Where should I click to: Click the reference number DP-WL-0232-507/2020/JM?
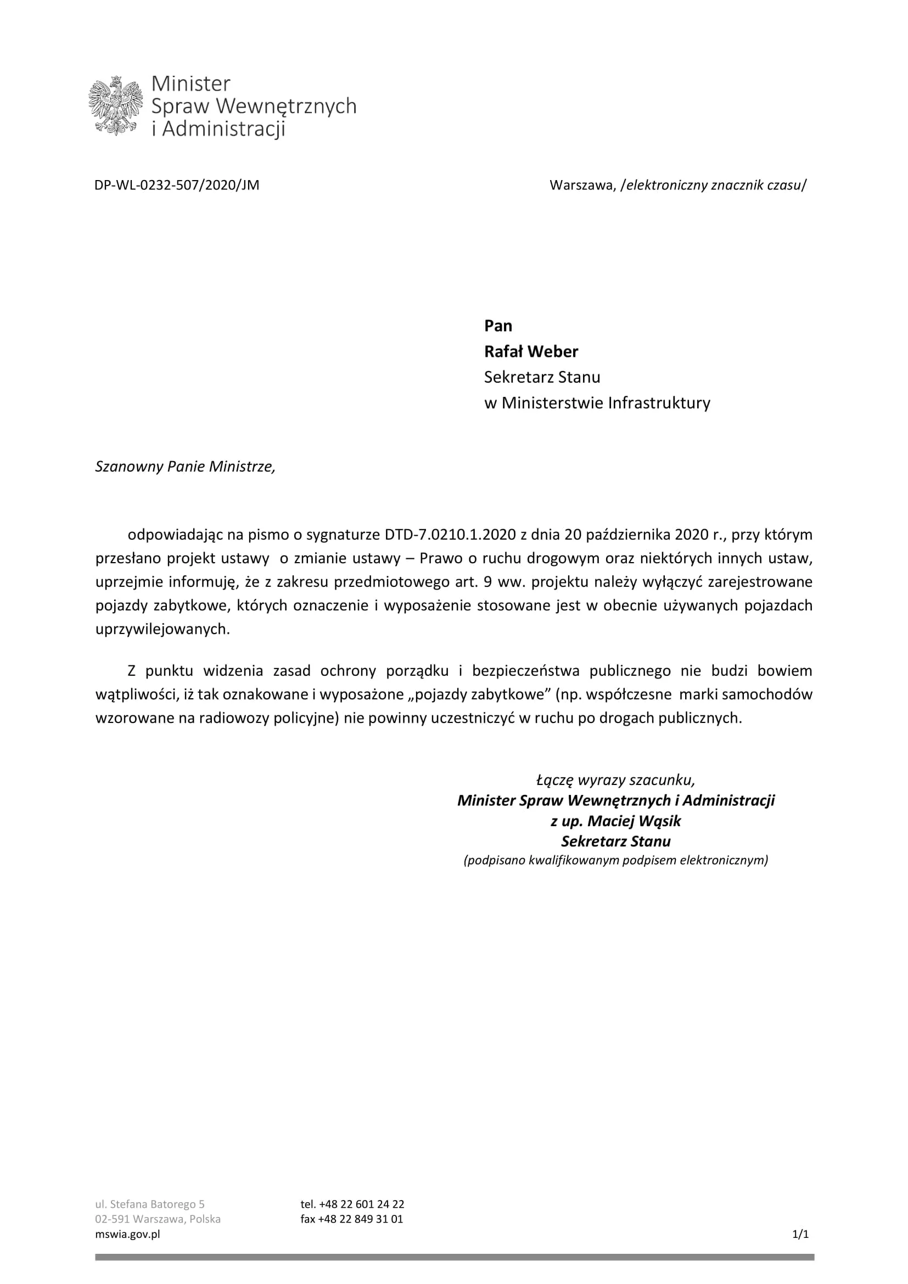177,185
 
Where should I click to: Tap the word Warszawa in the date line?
582,185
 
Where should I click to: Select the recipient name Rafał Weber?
531,351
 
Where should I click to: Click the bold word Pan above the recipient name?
497,326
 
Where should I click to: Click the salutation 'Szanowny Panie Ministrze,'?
185,467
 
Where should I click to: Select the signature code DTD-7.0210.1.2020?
450,535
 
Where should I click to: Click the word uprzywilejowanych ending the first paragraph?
162,629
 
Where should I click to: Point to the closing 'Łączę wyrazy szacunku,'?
615,780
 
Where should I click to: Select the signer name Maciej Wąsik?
634,821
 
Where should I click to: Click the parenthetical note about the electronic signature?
615,860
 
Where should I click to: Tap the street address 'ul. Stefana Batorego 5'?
150,1204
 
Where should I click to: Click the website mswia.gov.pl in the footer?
127,1233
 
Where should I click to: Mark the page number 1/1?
800,1233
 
